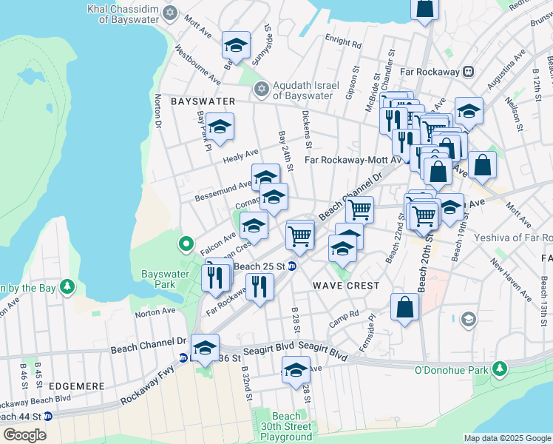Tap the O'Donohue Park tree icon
tap(501, 369)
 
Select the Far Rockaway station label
tap(428, 72)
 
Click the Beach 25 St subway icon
tap(292, 266)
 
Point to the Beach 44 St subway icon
tap(48, 416)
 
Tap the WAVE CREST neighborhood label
tap(345, 285)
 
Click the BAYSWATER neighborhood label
tap(203, 101)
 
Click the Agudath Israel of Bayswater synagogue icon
tap(260, 90)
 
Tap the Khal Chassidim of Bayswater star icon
tap(171, 13)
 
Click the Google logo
tap(24, 435)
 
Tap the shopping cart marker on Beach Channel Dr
tap(359, 209)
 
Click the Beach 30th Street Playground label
tap(285, 426)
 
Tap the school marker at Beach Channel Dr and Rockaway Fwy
tap(204, 346)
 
